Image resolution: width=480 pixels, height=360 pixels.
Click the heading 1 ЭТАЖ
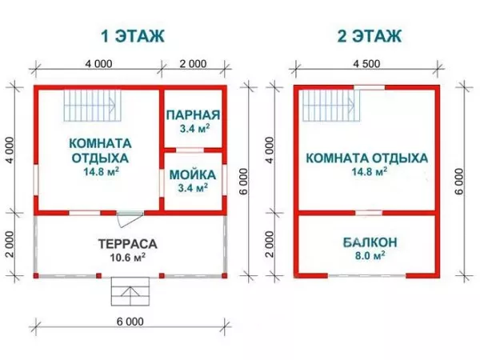tap(132, 36)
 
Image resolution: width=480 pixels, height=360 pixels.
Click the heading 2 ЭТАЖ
tap(367, 36)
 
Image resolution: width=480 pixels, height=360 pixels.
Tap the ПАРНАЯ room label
tap(193, 115)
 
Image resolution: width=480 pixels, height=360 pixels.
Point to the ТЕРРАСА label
tap(126, 243)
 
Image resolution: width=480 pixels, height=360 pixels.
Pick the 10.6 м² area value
tap(126, 258)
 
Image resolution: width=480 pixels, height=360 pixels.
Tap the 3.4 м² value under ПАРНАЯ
tap(193, 128)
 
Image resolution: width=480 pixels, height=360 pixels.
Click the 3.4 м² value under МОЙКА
tap(193, 187)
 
